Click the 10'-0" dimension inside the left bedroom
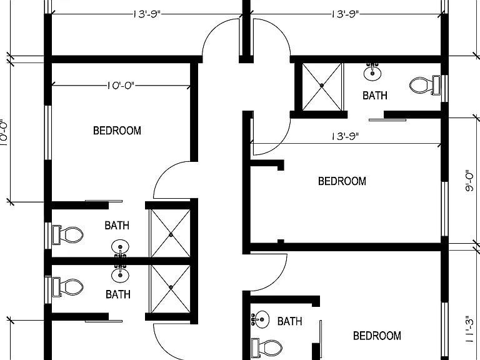click(121, 85)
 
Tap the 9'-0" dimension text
click(469, 181)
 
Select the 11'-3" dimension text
click(469, 329)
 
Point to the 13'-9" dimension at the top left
click(147, 14)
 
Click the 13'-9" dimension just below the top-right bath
click(345, 136)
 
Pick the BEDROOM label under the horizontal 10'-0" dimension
click(117, 131)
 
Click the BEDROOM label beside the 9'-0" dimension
click(342, 181)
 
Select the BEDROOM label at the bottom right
click(377, 336)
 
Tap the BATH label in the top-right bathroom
click(375, 96)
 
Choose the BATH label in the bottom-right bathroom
click(289, 321)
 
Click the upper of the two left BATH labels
click(117, 226)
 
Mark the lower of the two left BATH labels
click(118, 294)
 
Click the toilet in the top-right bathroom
click(425, 85)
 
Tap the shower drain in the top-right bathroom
click(322, 86)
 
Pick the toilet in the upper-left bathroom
click(68, 235)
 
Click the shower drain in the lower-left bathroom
click(171, 287)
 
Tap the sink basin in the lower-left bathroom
click(120, 275)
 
